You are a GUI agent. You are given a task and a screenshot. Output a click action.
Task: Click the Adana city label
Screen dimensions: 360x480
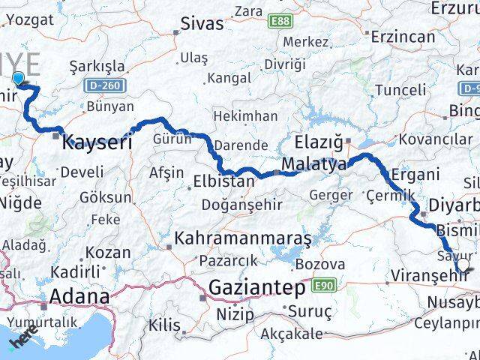pos(79,296)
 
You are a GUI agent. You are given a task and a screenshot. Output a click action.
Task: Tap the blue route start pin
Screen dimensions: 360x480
pos(17,78)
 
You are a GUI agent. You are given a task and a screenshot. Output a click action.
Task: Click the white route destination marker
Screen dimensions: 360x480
pos(463,265)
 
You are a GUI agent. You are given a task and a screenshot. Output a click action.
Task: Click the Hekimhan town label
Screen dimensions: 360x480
pos(245,116)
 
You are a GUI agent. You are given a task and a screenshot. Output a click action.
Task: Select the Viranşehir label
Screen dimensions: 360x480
pos(429,276)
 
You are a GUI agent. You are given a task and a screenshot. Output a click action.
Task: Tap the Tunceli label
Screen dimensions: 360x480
pos(405,91)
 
